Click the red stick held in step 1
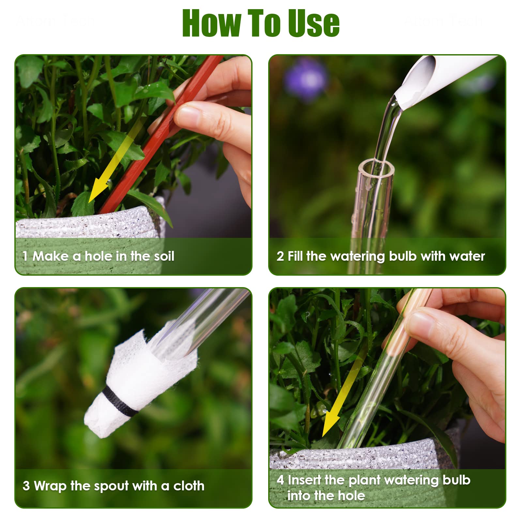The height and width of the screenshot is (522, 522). pos(160,134)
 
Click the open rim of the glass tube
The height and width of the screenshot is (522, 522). pos(376,168)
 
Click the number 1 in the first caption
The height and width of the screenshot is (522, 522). pos(25,256)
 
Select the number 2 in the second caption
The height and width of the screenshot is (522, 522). pos(280,256)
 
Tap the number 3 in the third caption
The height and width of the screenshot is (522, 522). pos(26,486)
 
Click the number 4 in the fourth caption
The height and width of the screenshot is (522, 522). pos(280,480)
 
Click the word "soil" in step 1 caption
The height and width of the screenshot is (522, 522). pos(164,256)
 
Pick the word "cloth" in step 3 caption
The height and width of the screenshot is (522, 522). pos(189,486)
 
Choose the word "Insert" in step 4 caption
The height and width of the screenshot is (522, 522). pos(304,480)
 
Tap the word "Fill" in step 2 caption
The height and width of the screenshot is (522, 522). pos(295,256)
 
